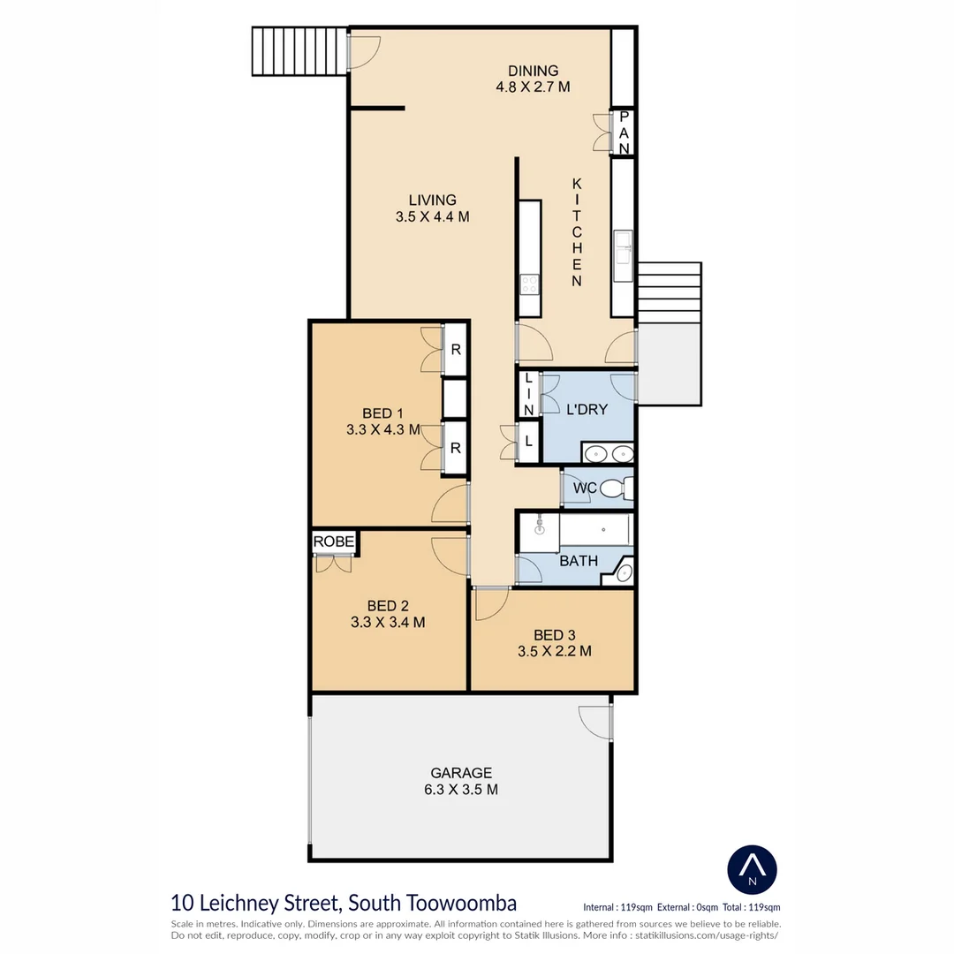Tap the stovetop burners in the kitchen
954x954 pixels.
529,284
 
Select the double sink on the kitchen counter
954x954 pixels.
623,255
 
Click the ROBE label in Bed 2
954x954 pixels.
333,541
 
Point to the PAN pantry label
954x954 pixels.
624,132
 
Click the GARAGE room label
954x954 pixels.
461,773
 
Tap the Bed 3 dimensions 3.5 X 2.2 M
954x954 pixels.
554,651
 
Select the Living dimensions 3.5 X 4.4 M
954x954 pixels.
432,216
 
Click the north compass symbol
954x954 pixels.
752,869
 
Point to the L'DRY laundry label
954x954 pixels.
587,410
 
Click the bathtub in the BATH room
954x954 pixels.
594,530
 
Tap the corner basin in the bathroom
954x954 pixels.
623,572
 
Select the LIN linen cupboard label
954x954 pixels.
529,394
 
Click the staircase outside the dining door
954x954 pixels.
300,51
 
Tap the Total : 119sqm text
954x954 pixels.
752,907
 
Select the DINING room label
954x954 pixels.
533,71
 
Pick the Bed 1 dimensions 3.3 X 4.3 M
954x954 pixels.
383,429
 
